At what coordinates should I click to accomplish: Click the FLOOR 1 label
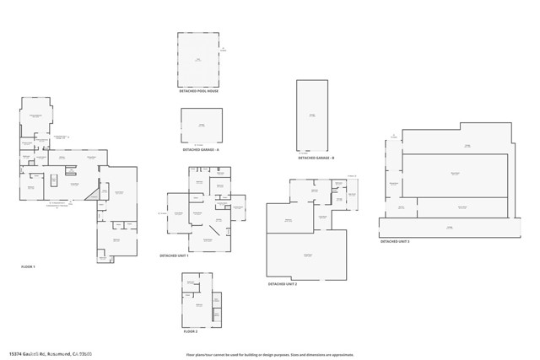coord(28,266)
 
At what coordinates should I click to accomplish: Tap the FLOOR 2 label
coord(190,331)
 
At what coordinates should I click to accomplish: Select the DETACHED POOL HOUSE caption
coord(198,91)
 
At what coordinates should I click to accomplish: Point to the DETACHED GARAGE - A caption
coord(201,149)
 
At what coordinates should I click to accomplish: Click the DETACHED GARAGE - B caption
coord(316,158)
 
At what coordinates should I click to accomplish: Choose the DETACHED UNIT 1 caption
coord(174,255)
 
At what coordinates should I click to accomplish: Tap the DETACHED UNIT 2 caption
coord(283,284)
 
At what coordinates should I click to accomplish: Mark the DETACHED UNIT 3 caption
coord(395,241)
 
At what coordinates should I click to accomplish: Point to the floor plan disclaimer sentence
coord(269,355)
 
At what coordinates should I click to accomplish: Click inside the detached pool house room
coord(198,60)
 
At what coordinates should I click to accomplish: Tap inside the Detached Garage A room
coord(201,126)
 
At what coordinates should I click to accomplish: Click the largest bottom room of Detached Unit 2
coord(306,255)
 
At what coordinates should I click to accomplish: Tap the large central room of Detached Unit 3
coord(456,174)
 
